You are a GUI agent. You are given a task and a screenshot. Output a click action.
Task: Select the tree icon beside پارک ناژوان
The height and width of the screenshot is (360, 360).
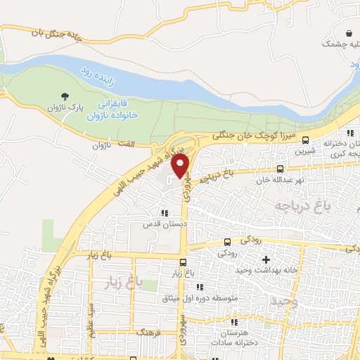coord(65,96)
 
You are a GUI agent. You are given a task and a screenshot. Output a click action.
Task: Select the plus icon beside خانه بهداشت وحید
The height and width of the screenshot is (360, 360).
coord(266,259)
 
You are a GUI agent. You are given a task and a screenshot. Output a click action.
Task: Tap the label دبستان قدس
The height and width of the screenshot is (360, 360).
coord(164,224)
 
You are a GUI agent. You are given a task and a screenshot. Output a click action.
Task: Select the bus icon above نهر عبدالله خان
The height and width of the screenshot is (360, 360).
coord(281,169)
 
